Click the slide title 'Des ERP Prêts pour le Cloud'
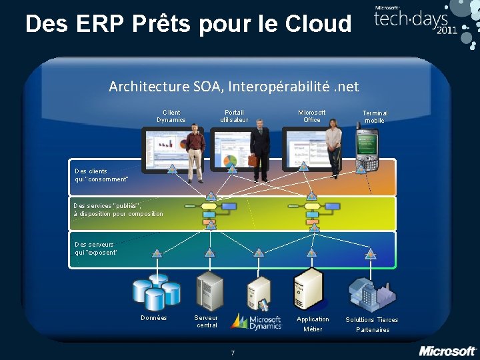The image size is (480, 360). pyautogui.click(x=188, y=24)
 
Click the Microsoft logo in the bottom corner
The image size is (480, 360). pyautogui.click(x=447, y=351)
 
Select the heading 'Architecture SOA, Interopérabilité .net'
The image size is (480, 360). pyautogui.click(x=233, y=87)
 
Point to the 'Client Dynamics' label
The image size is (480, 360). pyautogui.click(x=171, y=116)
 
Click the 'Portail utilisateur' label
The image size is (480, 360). pyautogui.click(x=234, y=116)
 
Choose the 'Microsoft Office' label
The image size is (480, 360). pyautogui.click(x=312, y=116)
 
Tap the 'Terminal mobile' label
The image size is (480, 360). pyautogui.click(x=375, y=117)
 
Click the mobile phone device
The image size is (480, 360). pyautogui.click(x=366, y=149)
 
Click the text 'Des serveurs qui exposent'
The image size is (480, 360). pyautogui.click(x=96, y=248)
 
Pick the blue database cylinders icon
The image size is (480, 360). pyautogui.click(x=155, y=291)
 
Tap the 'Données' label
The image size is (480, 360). pyautogui.click(x=154, y=318)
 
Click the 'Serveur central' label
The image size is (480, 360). pyautogui.click(x=207, y=321)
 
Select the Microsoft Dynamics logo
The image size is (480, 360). pyautogui.click(x=257, y=321)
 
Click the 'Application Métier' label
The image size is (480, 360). pyautogui.click(x=313, y=324)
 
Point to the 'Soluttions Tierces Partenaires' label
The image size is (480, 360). pyautogui.click(x=372, y=325)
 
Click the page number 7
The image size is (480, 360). pyautogui.click(x=232, y=352)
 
